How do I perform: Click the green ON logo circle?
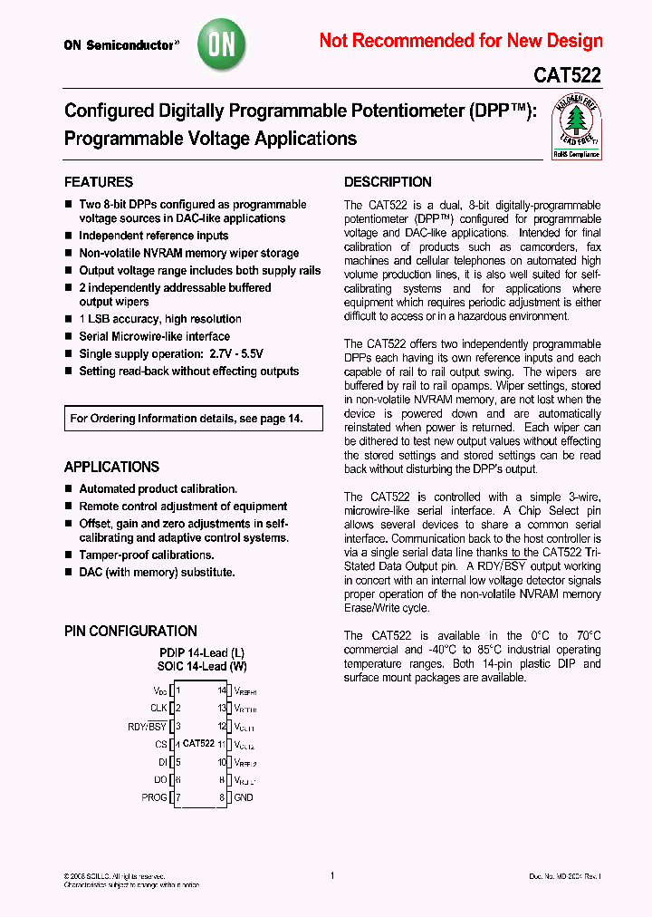tap(222, 43)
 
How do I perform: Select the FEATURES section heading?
tap(99, 182)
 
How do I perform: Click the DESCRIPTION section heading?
tap(388, 182)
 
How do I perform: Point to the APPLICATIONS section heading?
tap(111, 468)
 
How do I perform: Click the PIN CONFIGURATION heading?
tap(130, 632)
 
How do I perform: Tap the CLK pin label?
tap(159, 709)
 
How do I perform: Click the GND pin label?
tap(244, 797)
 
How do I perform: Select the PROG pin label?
tap(155, 797)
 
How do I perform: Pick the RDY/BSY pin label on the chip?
tap(148, 726)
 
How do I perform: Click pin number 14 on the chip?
tap(221, 690)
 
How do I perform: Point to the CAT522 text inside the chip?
tap(198, 743)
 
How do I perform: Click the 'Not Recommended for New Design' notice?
tap(461, 41)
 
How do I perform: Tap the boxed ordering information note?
tap(186, 419)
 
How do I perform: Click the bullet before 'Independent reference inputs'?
tap(68, 236)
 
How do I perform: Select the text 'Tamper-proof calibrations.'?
tap(147, 555)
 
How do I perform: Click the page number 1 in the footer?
tap(332, 875)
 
